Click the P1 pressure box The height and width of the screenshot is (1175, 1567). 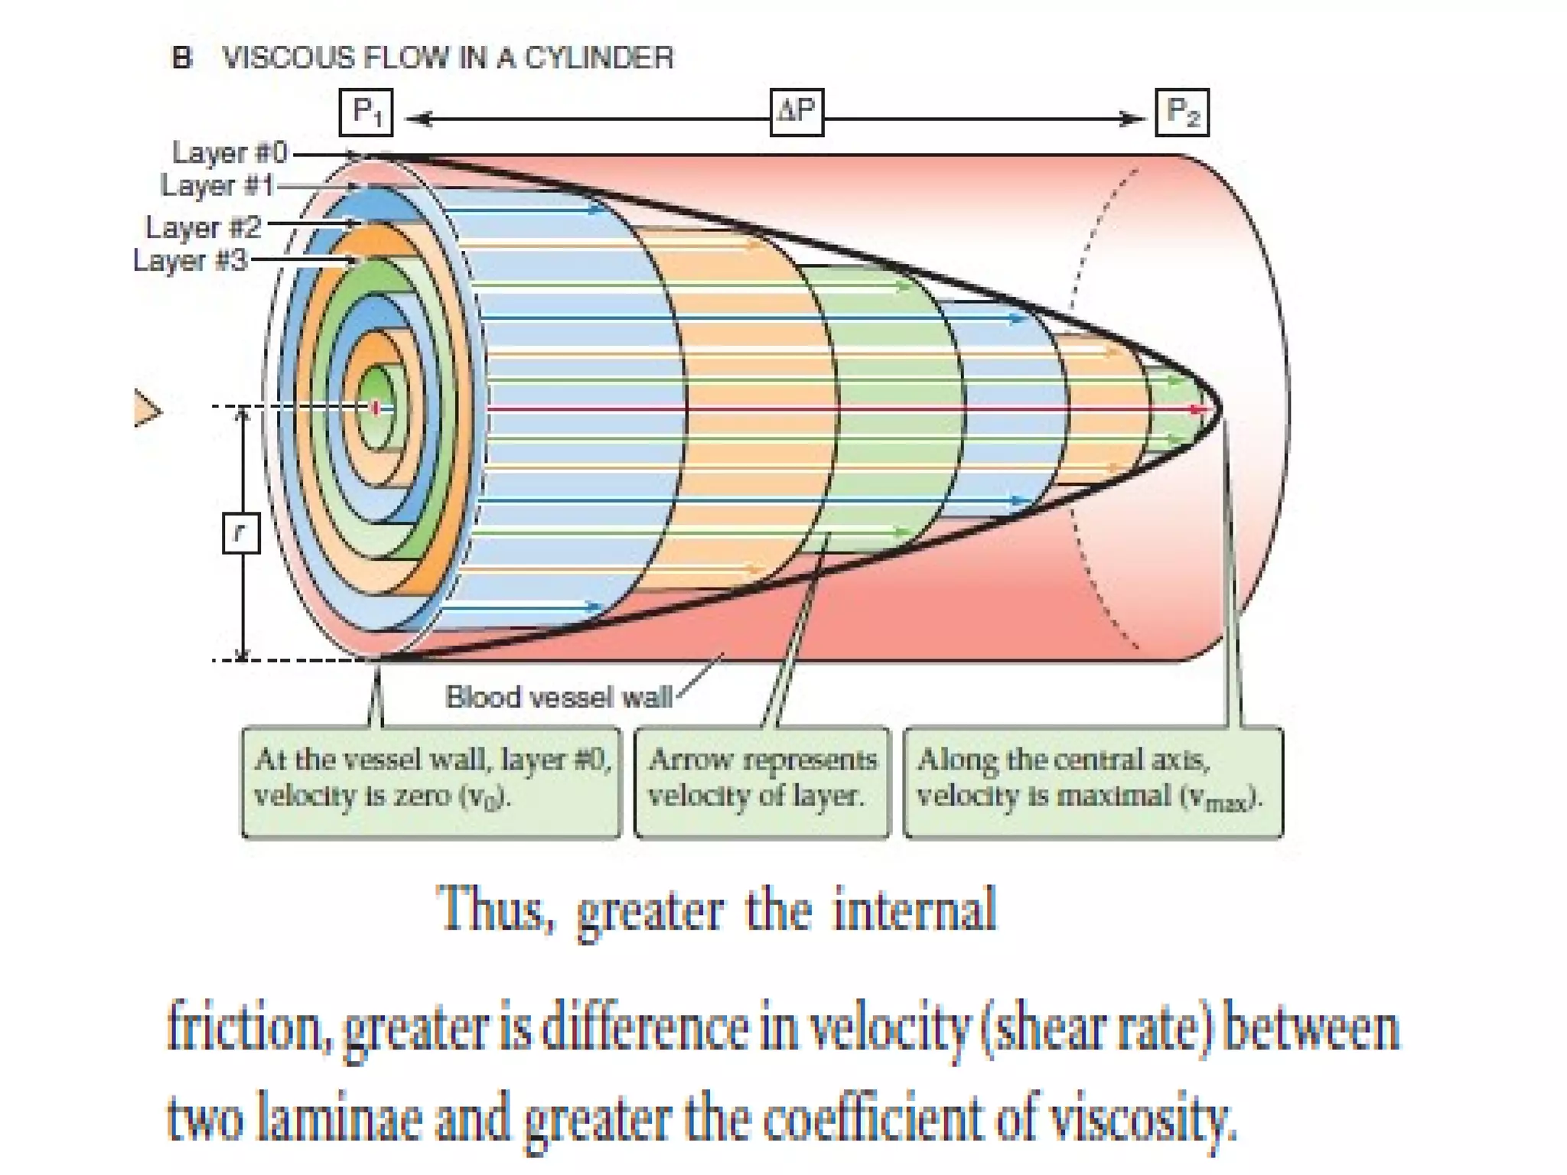coord(366,113)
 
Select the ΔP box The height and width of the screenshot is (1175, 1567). coord(797,112)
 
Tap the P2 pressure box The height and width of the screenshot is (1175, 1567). coord(1181,113)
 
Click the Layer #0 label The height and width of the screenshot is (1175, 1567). coord(230,152)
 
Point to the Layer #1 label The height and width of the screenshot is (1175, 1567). coord(217,185)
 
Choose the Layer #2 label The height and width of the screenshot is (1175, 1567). coord(204,227)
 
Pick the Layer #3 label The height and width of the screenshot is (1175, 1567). coord(191,260)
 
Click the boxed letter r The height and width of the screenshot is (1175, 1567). coord(241,532)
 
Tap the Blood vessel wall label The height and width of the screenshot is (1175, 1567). coord(559,697)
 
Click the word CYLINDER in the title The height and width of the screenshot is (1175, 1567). coord(598,58)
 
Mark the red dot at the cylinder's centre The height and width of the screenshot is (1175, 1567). coord(376,408)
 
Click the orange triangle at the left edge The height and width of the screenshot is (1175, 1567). coord(146,408)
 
